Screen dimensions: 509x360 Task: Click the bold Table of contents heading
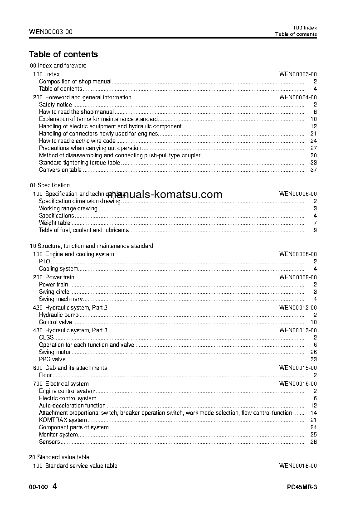click(x=63, y=54)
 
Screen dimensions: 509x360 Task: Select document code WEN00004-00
click(x=298, y=97)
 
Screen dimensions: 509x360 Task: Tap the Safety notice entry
click(x=55, y=105)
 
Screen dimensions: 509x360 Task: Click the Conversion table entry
click(x=60, y=170)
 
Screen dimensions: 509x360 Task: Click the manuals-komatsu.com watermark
click(x=165, y=194)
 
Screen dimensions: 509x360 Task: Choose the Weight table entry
click(x=54, y=223)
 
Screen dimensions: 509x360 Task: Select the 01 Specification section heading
click(x=50, y=185)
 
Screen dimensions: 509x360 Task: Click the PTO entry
click(x=44, y=262)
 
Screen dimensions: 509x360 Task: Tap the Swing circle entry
click(x=54, y=292)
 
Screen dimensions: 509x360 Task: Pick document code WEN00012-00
click(x=298, y=308)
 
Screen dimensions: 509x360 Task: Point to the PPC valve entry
click(x=52, y=359)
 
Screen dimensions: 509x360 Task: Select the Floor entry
click(x=45, y=375)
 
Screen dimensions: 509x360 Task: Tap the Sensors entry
click(x=49, y=442)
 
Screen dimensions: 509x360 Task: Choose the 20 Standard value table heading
click(x=59, y=457)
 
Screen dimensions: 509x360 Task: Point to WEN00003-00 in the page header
click(x=50, y=32)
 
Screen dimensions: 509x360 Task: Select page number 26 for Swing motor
click(x=313, y=352)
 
